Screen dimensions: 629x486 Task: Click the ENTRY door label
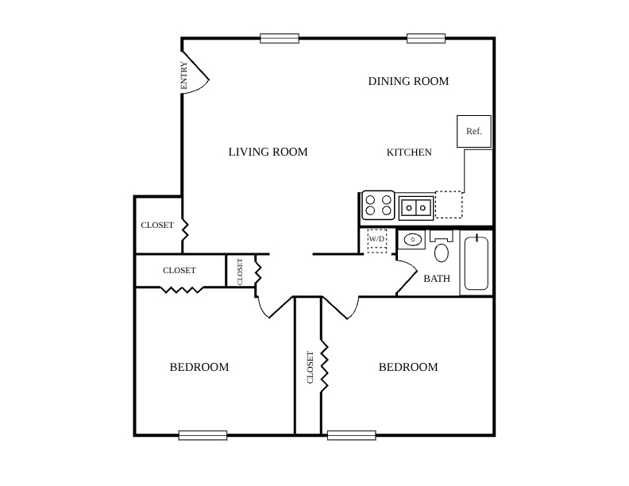(x=183, y=75)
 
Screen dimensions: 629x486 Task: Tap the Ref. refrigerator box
(x=474, y=131)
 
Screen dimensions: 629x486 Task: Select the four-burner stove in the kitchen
(x=378, y=205)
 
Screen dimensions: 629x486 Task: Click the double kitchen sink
(x=416, y=208)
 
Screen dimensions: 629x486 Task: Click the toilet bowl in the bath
(x=442, y=253)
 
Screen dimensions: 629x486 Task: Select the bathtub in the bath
(x=477, y=263)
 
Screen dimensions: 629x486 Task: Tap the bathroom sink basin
(x=412, y=240)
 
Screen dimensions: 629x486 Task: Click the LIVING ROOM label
(x=268, y=152)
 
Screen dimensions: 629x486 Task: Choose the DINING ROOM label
(x=408, y=81)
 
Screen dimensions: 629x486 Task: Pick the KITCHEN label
(x=409, y=152)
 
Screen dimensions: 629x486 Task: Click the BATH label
(x=437, y=278)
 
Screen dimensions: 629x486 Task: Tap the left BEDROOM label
(x=199, y=367)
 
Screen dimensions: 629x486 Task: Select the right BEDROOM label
(x=408, y=367)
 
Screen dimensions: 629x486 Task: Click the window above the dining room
(x=426, y=38)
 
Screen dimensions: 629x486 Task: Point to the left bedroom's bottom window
(x=203, y=435)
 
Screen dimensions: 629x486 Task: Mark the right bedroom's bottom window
(x=351, y=435)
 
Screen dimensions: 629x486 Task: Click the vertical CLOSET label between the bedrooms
(x=310, y=368)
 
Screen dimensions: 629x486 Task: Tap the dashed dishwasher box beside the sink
(x=449, y=205)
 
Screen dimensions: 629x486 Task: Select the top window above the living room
(x=280, y=38)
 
